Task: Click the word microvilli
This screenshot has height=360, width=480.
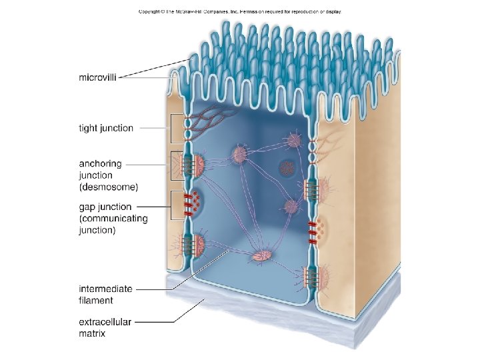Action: point(100,77)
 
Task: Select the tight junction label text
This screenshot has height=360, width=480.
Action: point(106,128)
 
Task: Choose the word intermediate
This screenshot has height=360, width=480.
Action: point(105,289)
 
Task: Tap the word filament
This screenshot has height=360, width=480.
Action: point(95,300)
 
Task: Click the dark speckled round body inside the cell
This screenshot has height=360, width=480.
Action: point(287,167)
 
